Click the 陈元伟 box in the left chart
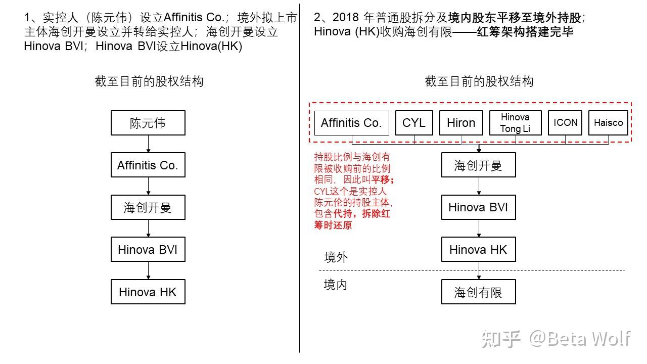coord(148,123)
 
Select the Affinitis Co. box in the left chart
coord(148,165)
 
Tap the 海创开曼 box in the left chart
coord(148,207)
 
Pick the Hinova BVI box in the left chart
coord(148,249)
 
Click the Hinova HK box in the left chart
coord(148,292)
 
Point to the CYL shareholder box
coord(414,123)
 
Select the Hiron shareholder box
coord(461,123)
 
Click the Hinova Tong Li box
coord(515,123)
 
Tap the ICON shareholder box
coord(565,123)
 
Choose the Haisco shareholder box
coord(608,123)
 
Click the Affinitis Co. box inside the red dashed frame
coord(351,123)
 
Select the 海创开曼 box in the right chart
coord(478,165)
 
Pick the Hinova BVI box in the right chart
coord(478,207)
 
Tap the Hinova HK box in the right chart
coord(478,249)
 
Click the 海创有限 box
coord(478,292)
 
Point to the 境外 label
coord(336,257)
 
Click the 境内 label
coord(335,285)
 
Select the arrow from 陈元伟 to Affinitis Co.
coord(148,144)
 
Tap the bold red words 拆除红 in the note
coord(376,214)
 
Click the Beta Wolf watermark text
coord(589,339)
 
